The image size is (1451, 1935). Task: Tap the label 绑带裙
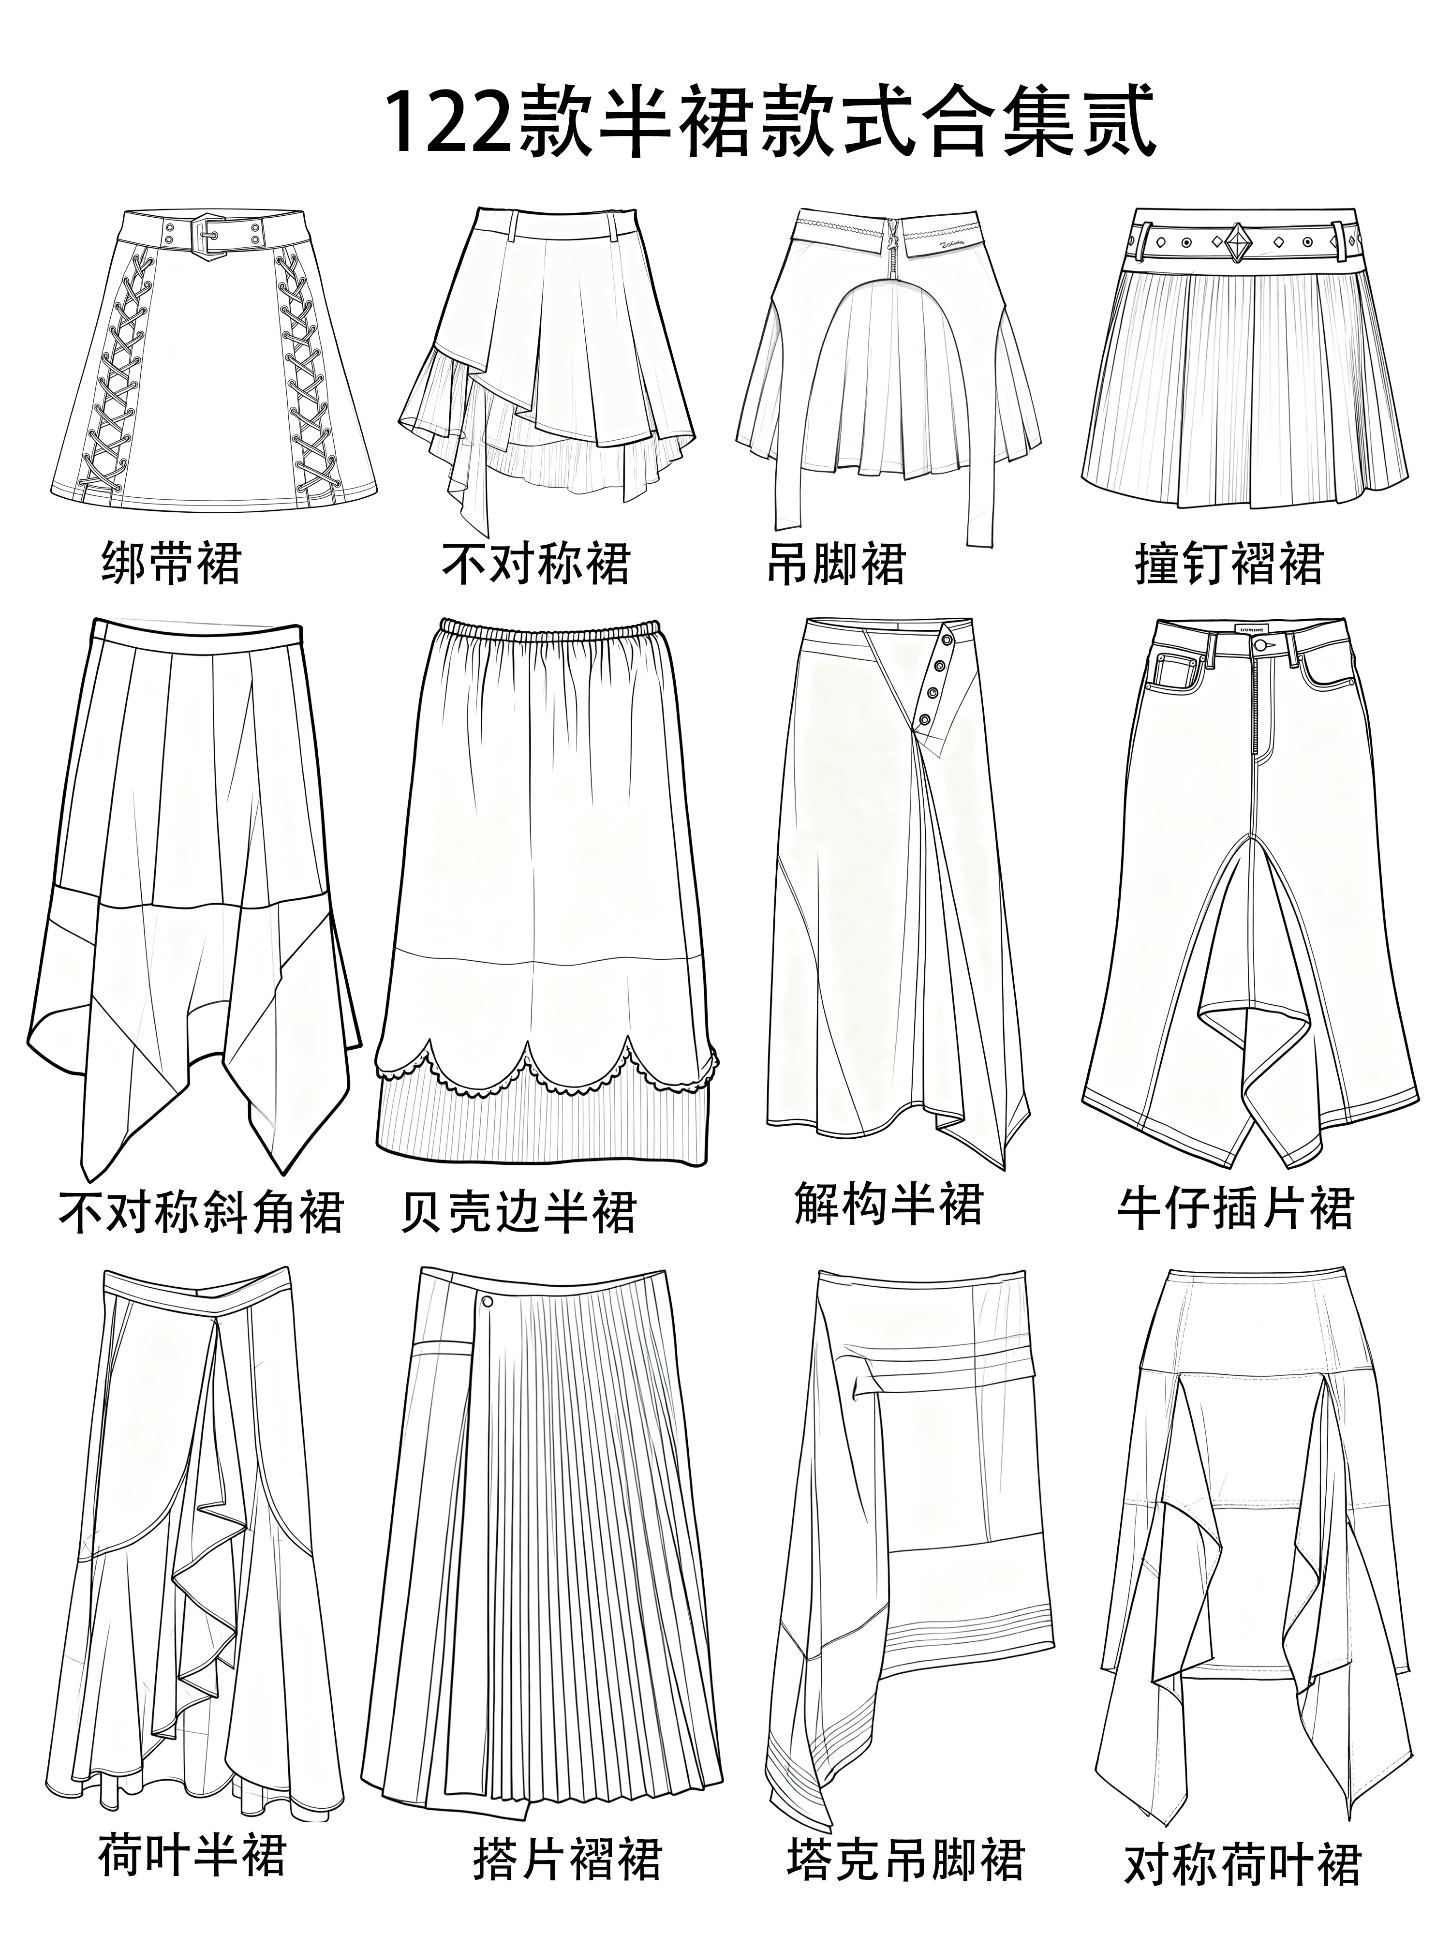click(171, 563)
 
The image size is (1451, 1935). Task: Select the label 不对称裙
click(535, 563)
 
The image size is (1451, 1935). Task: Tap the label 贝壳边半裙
click(518, 1212)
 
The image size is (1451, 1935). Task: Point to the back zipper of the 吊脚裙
click(892, 249)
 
